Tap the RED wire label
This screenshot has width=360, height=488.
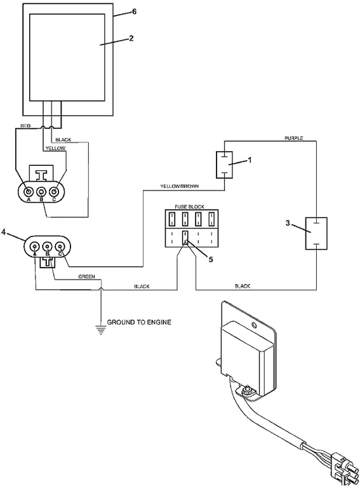25,126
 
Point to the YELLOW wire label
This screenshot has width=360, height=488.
55,149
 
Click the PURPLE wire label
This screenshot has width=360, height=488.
293,138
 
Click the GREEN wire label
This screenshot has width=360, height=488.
87,277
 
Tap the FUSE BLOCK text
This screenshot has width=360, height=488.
189,208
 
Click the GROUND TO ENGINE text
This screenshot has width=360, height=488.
138,322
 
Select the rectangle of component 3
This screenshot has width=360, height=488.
316,233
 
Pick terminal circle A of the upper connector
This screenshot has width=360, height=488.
29,191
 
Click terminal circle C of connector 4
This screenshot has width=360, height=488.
60,246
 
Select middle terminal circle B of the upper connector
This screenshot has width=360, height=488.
42,191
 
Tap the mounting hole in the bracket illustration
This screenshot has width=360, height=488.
253,327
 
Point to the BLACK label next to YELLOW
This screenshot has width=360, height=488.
63,139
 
